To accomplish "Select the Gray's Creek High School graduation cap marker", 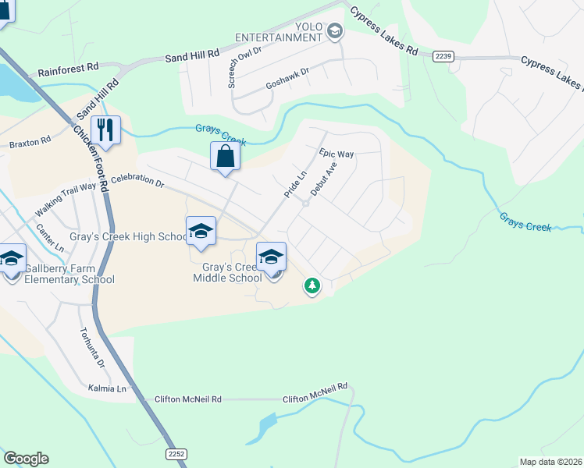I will pyautogui.click(x=201, y=232).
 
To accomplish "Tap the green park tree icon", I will pyautogui.click(x=312, y=287).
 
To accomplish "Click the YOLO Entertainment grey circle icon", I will pyautogui.click(x=335, y=31).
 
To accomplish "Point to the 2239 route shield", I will pyautogui.click(x=443, y=56).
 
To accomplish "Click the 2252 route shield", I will pyautogui.click(x=176, y=453).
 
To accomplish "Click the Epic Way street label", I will pyautogui.click(x=337, y=154).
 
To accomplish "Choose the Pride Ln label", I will pyautogui.click(x=295, y=184).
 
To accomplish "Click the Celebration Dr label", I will pyautogui.click(x=137, y=182).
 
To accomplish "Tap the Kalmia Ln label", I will pyautogui.click(x=107, y=388).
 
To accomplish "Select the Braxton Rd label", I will pyautogui.click(x=30, y=144).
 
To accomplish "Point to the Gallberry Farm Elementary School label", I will pyautogui.click(x=69, y=274).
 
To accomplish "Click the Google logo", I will pyautogui.click(x=26, y=459).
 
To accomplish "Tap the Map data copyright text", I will pyautogui.click(x=550, y=462).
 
